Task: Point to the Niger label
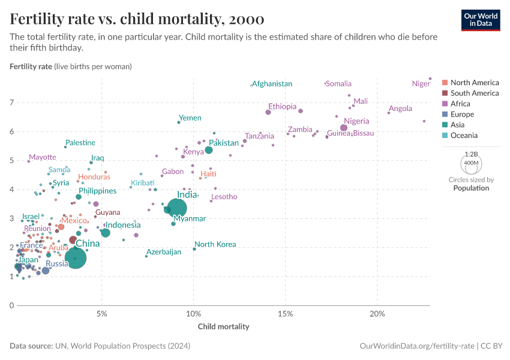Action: [x=421, y=84]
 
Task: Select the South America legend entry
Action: [x=474, y=93]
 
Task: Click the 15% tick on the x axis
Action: [x=286, y=314]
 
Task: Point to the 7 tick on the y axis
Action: [x=11, y=103]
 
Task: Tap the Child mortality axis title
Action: [x=223, y=327]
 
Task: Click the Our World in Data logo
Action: [x=480, y=20]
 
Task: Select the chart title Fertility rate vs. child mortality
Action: [x=137, y=19]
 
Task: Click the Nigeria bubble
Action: [x=344, y=128]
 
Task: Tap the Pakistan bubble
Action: [x=209, y=150]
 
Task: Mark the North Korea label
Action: [x=215, y=245]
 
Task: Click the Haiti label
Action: [x=208, y=174]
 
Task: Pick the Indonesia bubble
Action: [x=106, y=233]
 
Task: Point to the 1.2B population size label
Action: [x=471, y=154]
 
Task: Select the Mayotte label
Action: [x=42, y=157]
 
